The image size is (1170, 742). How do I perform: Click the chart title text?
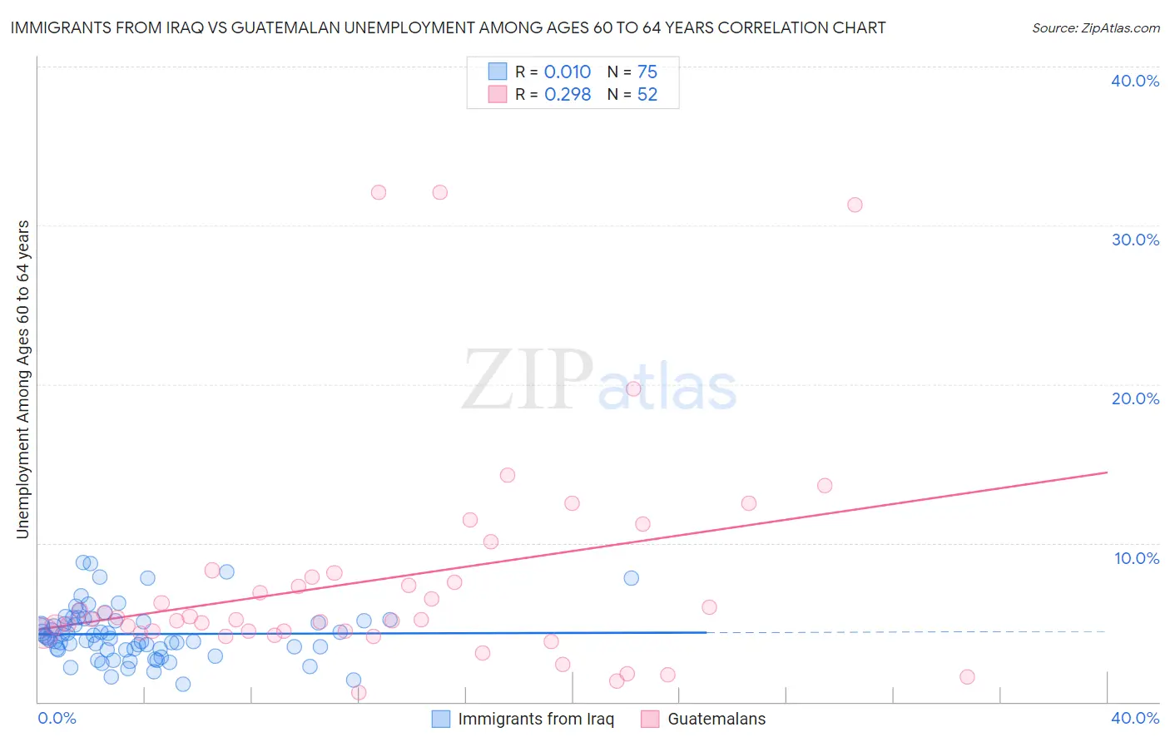(x=448, y=27)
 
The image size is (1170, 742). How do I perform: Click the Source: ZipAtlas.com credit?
(x=1095, y=27)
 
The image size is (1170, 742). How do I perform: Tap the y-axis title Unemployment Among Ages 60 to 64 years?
(x=22, y=379)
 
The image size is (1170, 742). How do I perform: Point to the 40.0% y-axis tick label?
(x=1135, y=81)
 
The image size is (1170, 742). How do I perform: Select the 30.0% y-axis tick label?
(x=1135, y=240)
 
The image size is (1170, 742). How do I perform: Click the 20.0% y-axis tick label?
(x=1135, y=398)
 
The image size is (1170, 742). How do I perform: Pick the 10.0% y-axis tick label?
(x=1137, y=558)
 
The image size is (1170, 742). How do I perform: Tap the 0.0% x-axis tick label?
(x=57, y=718)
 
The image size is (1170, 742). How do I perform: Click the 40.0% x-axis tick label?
(x=1135, y=718)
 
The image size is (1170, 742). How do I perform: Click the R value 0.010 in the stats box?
(x=568, y=72)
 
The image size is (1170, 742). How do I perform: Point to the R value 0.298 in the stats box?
(x=568, y=95)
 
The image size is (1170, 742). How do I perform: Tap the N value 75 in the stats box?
(x=647, y=72)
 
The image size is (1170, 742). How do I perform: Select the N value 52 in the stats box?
(x=647, y=95)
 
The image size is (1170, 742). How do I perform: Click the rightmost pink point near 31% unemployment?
(x=855, y=205)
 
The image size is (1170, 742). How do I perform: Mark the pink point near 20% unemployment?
(x=633, y=388)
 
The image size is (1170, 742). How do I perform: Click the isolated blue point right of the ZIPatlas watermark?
(x=632, y=578)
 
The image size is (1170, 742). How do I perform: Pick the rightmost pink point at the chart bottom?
(x=967, y=677)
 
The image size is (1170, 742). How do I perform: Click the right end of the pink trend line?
(x=1107, y=472)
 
